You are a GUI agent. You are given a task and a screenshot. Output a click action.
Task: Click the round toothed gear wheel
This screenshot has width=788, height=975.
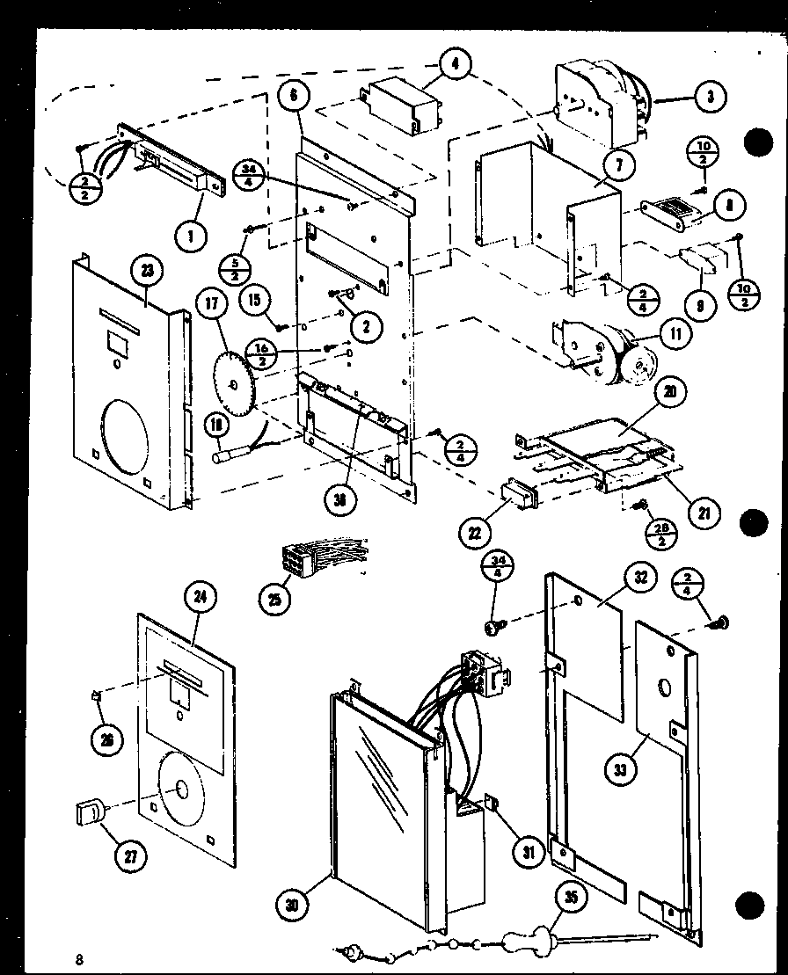[x=233, y=385]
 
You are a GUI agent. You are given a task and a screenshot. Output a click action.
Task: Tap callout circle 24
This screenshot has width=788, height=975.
[x=201, y=598]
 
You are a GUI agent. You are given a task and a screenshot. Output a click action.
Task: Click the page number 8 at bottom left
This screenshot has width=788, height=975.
[x=80, y=958]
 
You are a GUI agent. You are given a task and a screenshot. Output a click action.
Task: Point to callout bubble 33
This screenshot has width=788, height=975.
[x=622, y=770]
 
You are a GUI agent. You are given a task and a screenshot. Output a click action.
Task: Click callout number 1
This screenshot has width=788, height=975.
[x=192, y=236]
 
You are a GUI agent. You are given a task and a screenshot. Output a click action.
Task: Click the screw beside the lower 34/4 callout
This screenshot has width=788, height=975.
[x=494, y=625]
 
